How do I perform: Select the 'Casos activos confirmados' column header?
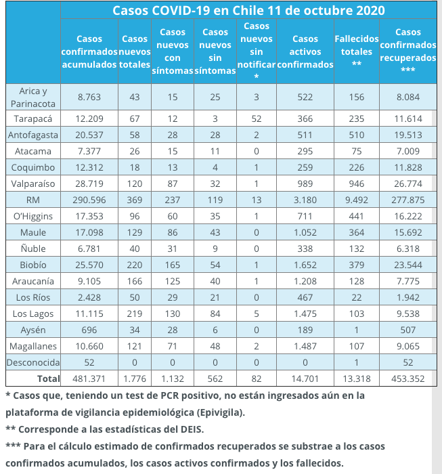305,51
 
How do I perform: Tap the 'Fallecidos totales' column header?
357,51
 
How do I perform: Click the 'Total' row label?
47,379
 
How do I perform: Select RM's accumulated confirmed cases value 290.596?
89,199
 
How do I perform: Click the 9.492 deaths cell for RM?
357,199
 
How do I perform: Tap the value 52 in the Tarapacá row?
256,118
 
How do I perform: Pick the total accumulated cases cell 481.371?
89,379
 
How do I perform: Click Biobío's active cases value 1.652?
305,264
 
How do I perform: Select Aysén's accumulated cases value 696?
89,330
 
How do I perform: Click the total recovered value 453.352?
407,379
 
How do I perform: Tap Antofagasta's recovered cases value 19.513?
407,134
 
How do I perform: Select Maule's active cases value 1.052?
305,232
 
